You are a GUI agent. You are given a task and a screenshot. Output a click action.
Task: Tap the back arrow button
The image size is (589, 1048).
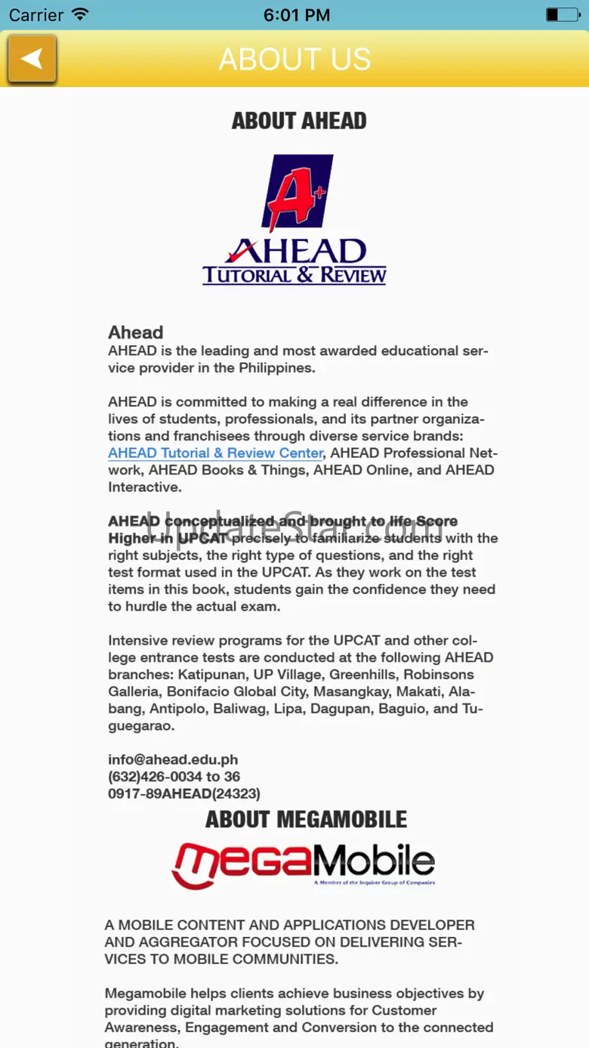(x=32, y=59)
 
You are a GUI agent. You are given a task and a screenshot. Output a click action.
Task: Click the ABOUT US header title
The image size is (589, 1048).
(x=294, y=59)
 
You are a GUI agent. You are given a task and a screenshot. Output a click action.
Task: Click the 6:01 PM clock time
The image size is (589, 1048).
(x=297, y=14)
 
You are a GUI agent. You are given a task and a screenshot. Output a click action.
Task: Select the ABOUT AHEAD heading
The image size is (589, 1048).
(x=299, y=121)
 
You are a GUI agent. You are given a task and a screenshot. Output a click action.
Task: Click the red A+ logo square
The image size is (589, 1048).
(x=297, y=193)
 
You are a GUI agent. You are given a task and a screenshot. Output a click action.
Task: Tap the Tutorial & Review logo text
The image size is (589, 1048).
(x=294, y=275)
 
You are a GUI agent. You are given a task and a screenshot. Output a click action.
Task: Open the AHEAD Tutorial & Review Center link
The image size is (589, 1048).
(x=215, y=453)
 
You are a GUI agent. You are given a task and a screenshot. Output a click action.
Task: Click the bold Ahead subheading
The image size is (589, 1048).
(x=136, y=332)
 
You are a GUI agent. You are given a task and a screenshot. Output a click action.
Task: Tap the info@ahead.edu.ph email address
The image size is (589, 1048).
(x=173, y=759)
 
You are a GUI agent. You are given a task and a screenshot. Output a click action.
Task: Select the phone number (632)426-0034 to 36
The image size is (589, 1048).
(x=174, y=777)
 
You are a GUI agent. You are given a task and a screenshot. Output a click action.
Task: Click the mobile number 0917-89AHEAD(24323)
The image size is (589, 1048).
(x=184, y=793)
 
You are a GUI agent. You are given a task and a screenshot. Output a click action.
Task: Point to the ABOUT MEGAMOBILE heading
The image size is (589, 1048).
(x=306, y=820)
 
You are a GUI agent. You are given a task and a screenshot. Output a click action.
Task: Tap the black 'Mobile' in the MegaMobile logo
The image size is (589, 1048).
(x=374, y=861)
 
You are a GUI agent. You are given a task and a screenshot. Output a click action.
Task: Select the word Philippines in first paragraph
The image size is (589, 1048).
(x=276, y=368)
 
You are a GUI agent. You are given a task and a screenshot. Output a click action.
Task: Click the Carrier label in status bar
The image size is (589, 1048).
(x=36, y=14)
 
